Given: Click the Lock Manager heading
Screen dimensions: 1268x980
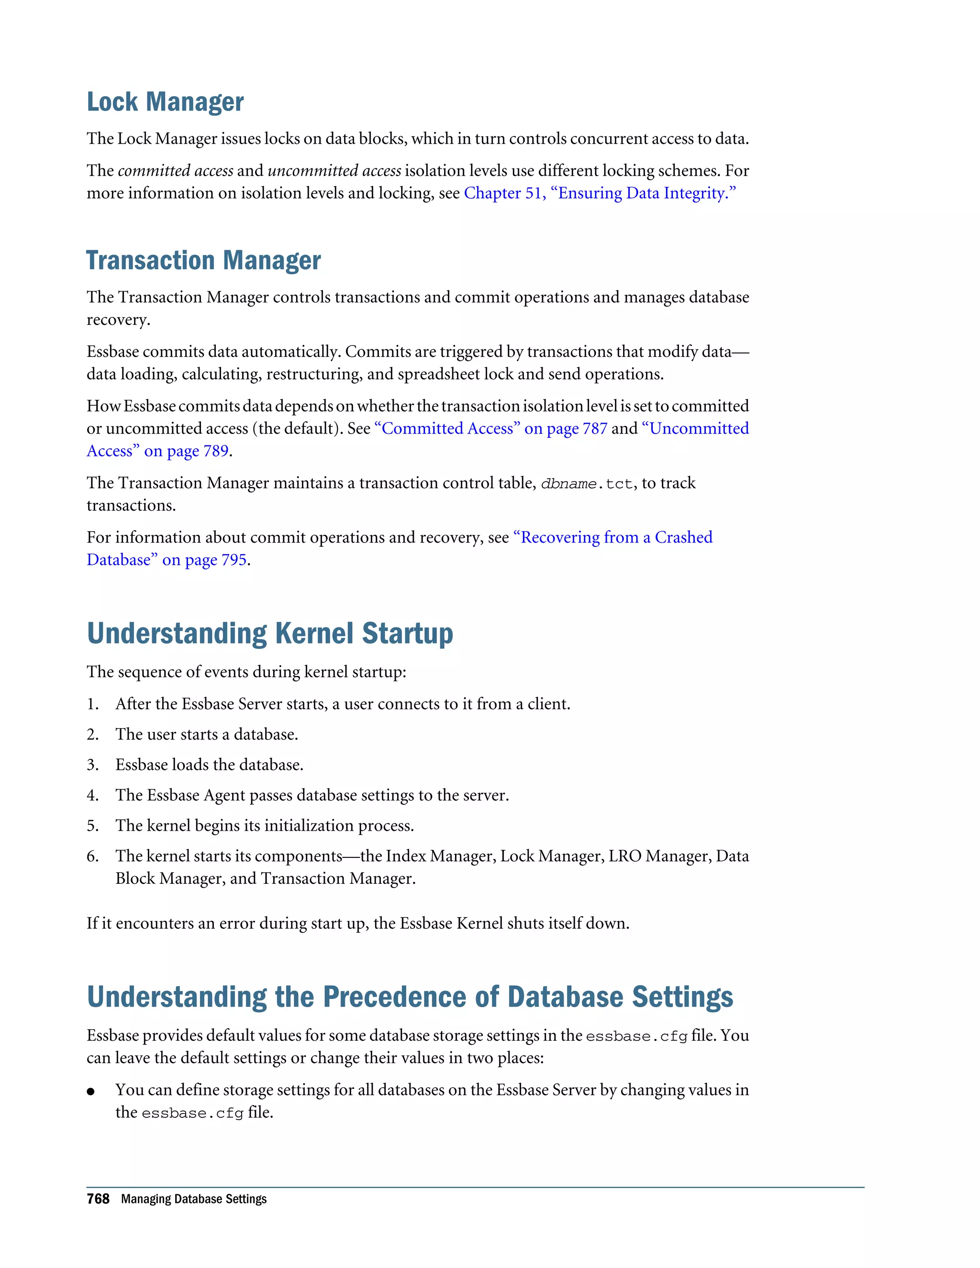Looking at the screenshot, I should (165, 102).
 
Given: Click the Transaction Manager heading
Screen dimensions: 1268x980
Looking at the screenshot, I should (203, 261).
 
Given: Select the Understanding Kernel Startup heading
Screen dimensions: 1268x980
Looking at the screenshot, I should (269, 634).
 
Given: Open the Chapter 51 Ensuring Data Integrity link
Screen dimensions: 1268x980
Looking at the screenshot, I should (599, 193).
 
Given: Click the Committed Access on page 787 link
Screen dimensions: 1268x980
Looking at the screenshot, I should (491, 428).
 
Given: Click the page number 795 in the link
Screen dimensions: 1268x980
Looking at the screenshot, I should (234, 560).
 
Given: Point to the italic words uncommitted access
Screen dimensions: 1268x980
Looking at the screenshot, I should (334, 171).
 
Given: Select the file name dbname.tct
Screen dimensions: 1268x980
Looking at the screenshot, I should (586, 484).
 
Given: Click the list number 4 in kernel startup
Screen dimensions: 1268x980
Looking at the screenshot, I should (92, 795).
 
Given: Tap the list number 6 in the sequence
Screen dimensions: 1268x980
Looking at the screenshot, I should (92, 856).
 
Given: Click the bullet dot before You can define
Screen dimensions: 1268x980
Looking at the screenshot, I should (90, 1091).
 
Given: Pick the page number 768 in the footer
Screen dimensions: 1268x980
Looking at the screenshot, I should (98, 1200).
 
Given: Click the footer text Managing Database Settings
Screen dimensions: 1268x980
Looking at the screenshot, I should (194, 1200).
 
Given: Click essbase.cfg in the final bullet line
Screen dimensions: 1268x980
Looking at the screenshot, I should (192, 1113).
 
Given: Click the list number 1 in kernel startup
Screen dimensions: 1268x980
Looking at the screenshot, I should (92, 704).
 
